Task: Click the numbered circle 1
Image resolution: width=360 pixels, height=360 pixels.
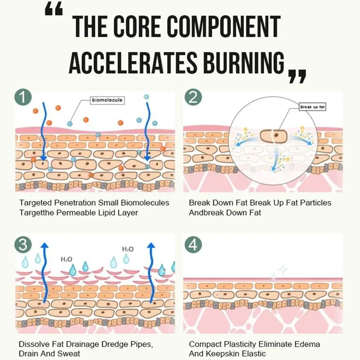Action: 23,98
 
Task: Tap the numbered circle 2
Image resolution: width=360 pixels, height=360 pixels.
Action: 193,98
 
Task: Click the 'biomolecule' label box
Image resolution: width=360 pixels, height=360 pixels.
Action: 107,100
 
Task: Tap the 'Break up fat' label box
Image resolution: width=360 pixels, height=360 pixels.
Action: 312,107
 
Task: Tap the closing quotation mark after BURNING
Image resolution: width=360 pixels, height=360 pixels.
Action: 297,76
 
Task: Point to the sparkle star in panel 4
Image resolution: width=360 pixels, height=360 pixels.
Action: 283,269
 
